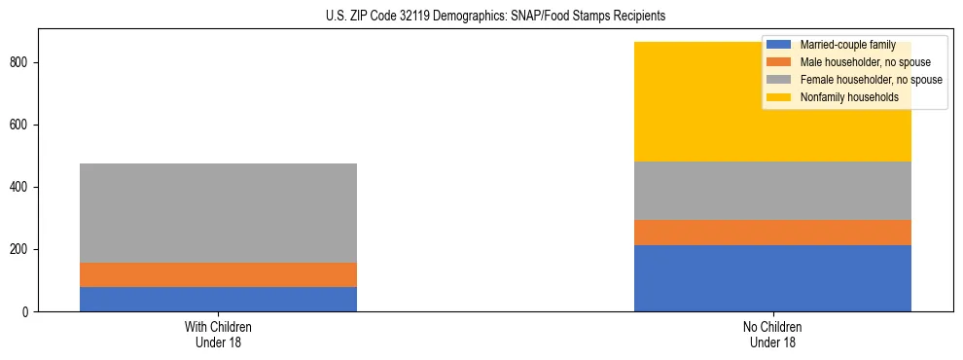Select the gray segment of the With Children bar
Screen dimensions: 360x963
(x=218, y=213)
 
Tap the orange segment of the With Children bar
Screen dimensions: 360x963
(x=218, y=274)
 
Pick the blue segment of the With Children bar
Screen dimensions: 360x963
(x=218, y=299)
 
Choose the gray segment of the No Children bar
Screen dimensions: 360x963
(x=772, y=191)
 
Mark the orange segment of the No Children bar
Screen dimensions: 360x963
(x=772, y=233)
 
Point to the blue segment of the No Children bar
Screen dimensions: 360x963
(x=772, y=278)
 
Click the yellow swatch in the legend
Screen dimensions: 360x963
(x=778, y=97)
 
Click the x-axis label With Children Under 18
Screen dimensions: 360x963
(x=218, y=335)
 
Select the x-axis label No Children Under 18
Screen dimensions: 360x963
(x=772, y=335)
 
